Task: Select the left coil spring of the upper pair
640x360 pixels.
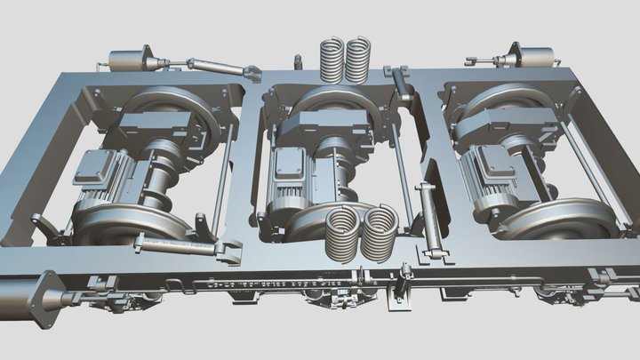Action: click(x=332, y=60)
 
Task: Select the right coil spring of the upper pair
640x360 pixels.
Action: click(x=358, y=60)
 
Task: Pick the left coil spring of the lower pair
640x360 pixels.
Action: click(x=342, y=234)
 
